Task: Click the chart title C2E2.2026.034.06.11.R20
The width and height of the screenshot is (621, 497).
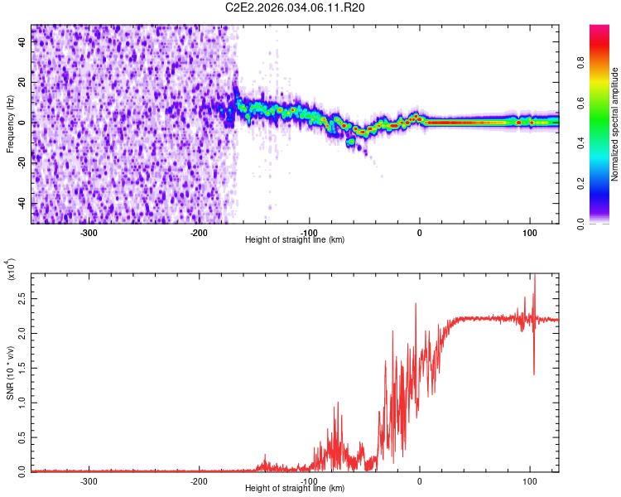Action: point(296,7)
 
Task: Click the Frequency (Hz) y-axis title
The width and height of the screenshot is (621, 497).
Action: point(11,124)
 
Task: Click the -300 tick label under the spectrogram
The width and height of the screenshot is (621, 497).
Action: point(89,232)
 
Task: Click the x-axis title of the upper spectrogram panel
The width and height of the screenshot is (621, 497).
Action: point(295,240)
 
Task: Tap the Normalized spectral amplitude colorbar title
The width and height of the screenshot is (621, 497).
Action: point(615,124)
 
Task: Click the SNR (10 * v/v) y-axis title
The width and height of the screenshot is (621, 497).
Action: point(11,373)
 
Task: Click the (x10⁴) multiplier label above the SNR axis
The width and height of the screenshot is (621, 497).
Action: point(11,271)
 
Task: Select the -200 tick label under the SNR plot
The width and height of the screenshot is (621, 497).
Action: point(199,480)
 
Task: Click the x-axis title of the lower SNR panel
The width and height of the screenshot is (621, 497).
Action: point(295,489)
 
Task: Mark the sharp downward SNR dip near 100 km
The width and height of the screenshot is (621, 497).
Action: point(534,373)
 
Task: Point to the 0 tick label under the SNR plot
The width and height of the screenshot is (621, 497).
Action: point(419,480)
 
